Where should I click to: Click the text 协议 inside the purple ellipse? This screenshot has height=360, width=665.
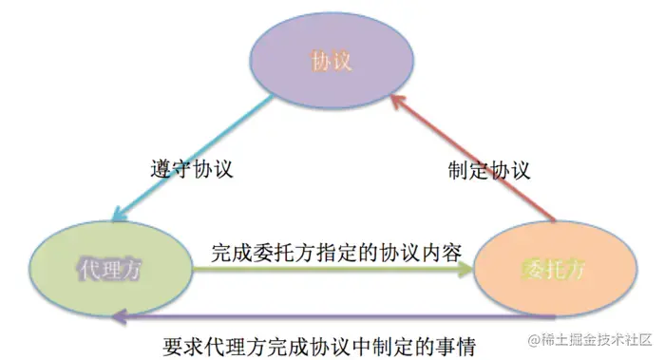click(x=332, y=63)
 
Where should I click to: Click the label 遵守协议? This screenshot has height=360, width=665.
click(x=192, y=170)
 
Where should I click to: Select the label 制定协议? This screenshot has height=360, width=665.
click(x=488, y=170)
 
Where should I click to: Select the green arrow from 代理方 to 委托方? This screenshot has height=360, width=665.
click(x=332, y=271)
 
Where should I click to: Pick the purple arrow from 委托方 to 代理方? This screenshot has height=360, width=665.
click(x=332, y=315)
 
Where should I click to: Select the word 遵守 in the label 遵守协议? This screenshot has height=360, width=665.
click(x=171, y=170)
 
